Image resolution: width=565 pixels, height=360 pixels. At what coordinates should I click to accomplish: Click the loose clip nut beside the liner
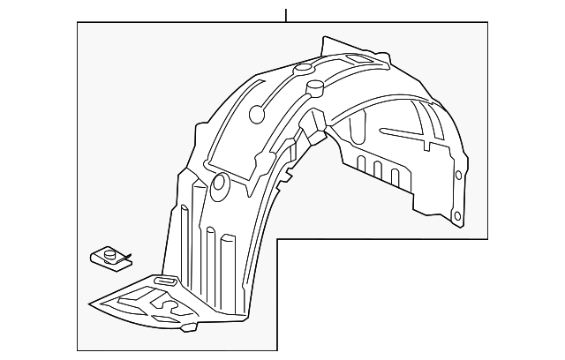click(x=108, y=259)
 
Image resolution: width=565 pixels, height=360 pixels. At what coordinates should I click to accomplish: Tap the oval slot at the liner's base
click(x=165, y=281)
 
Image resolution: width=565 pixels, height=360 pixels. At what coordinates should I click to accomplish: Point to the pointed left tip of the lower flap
click(x=92, y=306)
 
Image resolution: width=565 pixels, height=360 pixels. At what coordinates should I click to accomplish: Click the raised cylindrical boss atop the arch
click(x=314, y=86)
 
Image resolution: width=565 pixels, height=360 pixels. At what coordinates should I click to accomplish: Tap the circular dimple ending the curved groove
click(x=257, y=113)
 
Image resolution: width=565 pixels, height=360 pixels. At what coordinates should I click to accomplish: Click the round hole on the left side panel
click(x=218, y=184)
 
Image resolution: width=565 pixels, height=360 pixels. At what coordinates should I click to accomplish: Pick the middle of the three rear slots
click(x=377, y=169)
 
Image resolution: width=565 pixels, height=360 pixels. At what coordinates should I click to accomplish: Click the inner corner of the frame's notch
click(x=278, y=239)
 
